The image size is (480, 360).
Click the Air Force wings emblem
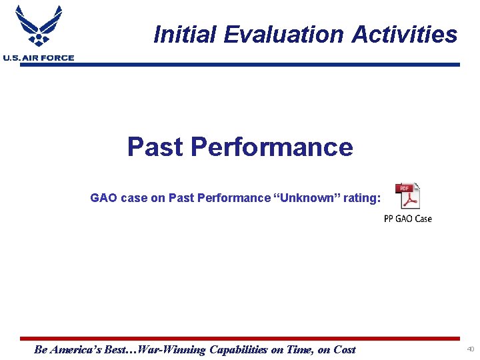(38, 27)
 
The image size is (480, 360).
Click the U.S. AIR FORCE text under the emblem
(38, 58)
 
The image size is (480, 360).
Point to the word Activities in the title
(401, 34)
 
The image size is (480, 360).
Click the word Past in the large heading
(155, 147)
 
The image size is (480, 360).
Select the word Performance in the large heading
(271, 147)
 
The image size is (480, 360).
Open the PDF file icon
(407, 196)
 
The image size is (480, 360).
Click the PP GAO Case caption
(407, 219)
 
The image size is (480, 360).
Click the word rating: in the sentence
(360, 198)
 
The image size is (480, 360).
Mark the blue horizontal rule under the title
(267, 65)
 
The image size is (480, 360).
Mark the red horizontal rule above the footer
(240, 339)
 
